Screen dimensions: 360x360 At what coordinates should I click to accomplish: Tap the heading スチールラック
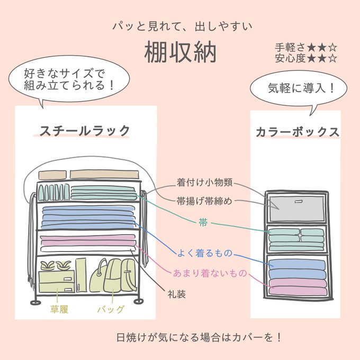tap(85, 131)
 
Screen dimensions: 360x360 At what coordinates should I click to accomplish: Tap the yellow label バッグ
tap(112, 309)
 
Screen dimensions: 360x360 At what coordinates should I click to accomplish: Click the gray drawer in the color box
tap(297, 208)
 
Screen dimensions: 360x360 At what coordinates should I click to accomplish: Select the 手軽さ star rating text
tap(306, 47)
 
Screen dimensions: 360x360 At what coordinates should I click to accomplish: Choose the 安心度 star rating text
tap(306, 58)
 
